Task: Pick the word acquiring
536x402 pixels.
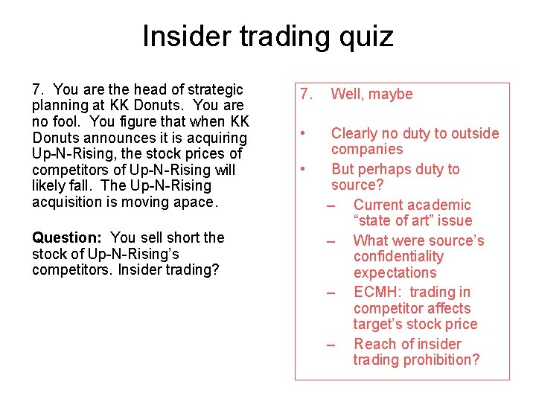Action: [x=218, y=138]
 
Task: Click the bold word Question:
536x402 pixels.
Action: [x=66, y=237]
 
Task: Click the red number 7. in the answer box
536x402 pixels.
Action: [x=304, y=94]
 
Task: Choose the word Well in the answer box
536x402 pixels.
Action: [x=346, y=94]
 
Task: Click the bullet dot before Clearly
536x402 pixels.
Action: [x=302, y=133]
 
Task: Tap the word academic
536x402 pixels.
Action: [x=444, y=205]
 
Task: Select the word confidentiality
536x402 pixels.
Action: [x=398, y=256]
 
